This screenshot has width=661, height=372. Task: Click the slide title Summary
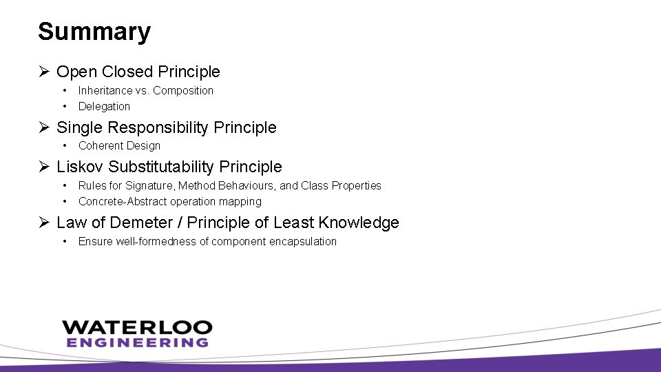point(94,32)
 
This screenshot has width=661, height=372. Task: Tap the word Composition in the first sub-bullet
point(183,90)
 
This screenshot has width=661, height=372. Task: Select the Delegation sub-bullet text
point(104,106)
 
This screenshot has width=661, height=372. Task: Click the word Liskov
point(80,167)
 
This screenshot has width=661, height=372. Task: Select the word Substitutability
point(162,167)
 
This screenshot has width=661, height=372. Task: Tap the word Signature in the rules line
point(149,185)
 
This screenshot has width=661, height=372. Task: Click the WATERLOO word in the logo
point(137,327)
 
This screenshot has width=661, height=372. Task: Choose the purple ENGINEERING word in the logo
point(137,342)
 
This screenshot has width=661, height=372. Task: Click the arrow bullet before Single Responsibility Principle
point(43,127)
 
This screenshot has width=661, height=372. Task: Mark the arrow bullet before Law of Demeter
point(43,223)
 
